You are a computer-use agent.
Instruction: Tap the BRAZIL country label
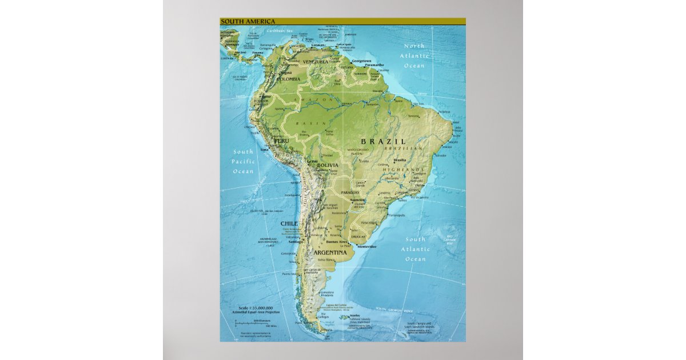point(383,141)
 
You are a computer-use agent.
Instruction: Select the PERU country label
point(281,141)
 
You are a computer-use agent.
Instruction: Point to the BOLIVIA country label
point(328,165)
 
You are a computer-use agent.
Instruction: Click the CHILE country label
point(289,223)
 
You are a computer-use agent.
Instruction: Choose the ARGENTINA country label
point(330,252)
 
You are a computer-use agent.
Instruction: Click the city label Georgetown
point(361,61)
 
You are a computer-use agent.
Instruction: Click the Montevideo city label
point(366,246)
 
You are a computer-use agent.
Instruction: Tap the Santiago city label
point(296,241)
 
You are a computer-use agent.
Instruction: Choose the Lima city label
point(264,150)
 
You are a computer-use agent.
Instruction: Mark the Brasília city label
point(400,160)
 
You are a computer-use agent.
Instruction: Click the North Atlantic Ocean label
point(415,56)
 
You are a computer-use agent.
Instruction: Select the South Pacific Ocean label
point(243,161)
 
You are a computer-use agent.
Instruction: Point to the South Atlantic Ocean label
point(415,249)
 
